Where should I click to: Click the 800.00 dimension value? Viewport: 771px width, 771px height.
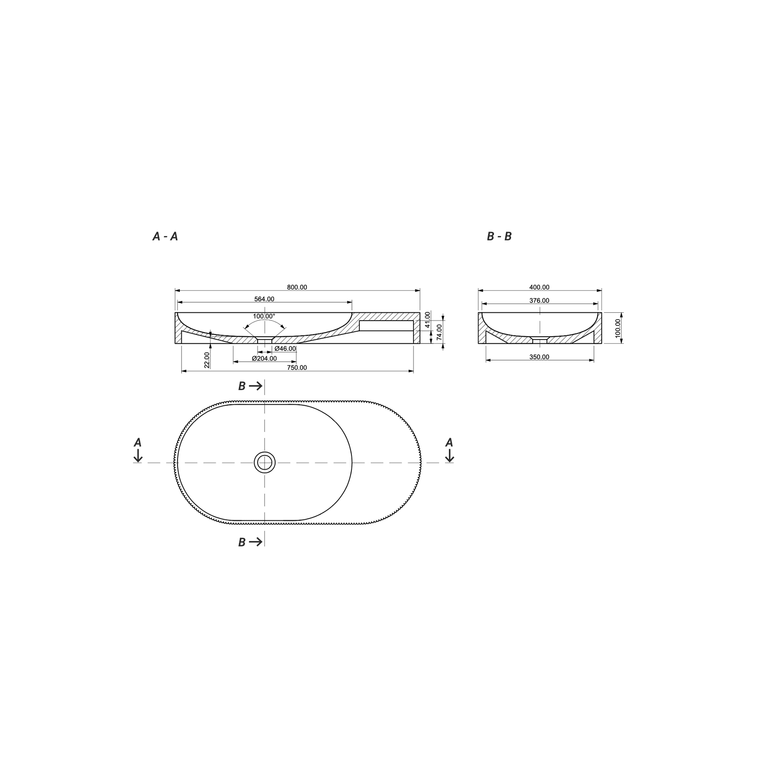click(x=297, y=287)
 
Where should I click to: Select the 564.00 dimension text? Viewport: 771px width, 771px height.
click(x=264, y=299)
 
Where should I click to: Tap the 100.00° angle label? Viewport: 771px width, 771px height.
click(x=264, y=316)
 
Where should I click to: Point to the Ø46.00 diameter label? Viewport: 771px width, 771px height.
click(x=285, y=349)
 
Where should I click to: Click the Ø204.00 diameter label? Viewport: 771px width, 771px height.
click(x=264, y=358)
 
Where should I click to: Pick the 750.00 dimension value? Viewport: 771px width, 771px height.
click(x=297, y=368)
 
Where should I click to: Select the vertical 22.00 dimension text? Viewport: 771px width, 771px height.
click(x=207, y=360)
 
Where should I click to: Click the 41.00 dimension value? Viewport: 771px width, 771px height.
click(x=427, y=319)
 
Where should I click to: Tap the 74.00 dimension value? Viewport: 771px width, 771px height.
click(x=439, y=332)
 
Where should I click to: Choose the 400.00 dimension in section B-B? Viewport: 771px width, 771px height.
click(x=539, y=287)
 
